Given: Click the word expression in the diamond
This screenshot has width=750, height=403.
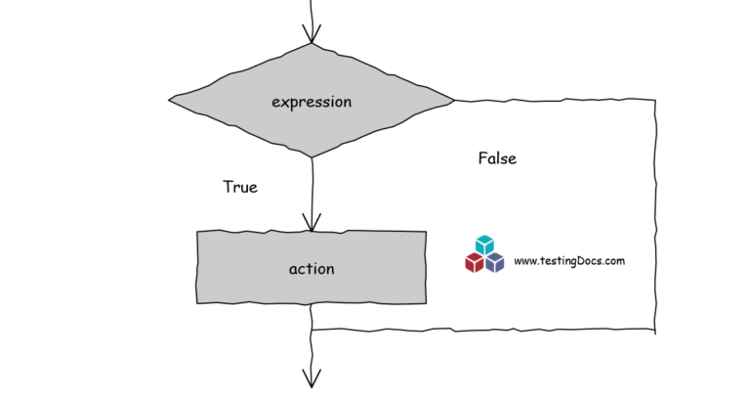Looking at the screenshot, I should pos(312,102).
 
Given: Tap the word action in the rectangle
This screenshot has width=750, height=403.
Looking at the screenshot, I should pos(312,269).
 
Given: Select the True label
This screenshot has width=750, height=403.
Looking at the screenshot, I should pos(240,186).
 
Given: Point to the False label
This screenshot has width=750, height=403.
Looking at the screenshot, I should pos(497,158).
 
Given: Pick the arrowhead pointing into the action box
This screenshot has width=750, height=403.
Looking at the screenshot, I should pos(312,224).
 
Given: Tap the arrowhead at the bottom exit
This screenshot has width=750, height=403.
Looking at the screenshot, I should pos(312,380).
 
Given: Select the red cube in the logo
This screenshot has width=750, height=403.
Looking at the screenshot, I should pos(475,262).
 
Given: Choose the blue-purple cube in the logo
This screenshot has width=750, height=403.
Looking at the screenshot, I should pos(495,262).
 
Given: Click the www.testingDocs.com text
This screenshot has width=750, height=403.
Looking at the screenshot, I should pos(568,261).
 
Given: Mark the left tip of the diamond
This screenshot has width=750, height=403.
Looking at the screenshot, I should pos(170,99).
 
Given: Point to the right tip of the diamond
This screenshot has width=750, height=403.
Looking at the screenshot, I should pos(454,100).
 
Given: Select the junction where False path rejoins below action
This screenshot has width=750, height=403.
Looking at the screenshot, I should pos(312,330).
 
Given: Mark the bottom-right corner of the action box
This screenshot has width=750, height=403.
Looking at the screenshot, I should pos(426,302).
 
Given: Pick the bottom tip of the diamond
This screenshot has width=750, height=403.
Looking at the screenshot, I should pos(312,157).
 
